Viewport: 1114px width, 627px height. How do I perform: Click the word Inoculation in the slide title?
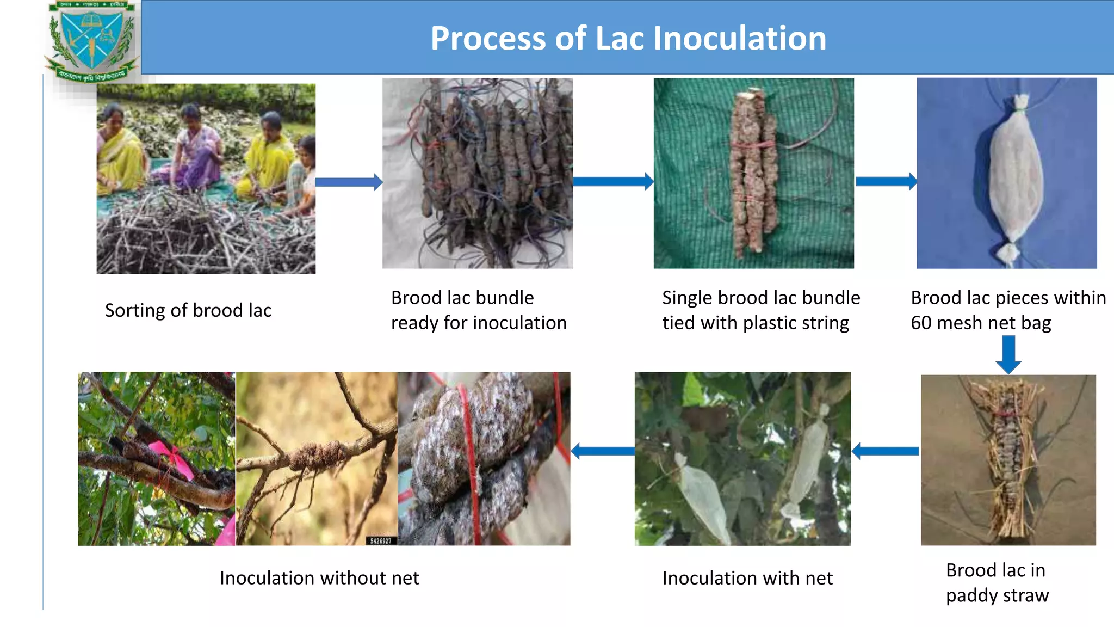(739, 39)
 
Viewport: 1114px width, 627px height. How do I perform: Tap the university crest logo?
(91, 41)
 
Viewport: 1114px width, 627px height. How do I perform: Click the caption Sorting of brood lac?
(188, 310)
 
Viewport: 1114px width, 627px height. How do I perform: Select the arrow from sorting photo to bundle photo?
(349, 182)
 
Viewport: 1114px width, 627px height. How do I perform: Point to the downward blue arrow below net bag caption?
(1008, 354)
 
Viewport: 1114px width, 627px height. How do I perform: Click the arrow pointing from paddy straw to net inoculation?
(885, 451)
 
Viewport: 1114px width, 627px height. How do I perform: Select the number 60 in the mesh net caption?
(921, 323)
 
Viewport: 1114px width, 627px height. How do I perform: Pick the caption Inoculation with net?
(747, 578)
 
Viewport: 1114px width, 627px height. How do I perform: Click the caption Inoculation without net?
(319, 578)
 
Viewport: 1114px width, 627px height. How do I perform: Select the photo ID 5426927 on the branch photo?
(381, 540)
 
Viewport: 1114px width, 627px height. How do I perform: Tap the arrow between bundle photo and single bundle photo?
(613, 181)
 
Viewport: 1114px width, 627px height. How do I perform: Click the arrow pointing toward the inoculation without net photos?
(602, 451)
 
